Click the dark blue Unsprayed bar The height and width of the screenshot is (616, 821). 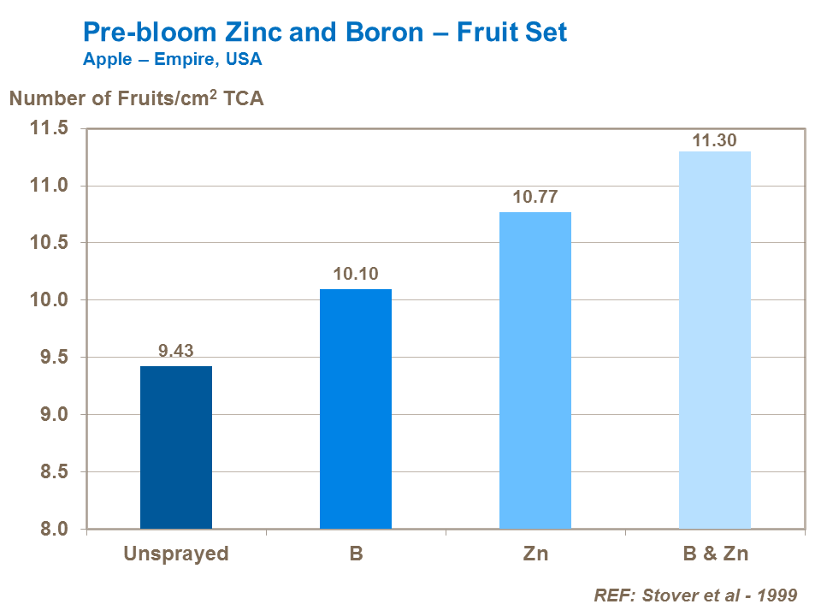[176, 447]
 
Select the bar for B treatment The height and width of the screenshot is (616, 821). [356, 409]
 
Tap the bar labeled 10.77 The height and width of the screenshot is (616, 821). [535, 370]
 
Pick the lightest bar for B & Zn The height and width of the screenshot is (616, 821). [715, 341]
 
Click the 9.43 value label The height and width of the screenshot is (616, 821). [176, 349]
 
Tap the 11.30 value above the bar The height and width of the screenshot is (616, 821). [715, 140]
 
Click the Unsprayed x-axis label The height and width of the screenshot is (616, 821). [176, 554]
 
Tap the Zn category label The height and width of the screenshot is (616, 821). [535, 554]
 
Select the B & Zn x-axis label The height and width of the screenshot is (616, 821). [715, 554]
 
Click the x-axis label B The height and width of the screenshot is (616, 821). [356, 554]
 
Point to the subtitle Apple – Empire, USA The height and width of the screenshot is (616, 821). [172, 60]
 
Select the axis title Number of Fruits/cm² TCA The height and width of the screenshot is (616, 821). [136, 98]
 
